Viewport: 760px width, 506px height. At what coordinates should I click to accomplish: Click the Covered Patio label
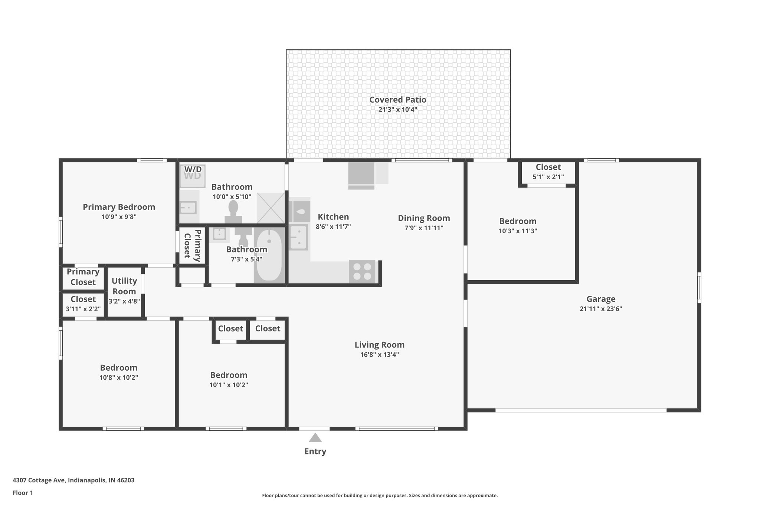click(x=397, y=100)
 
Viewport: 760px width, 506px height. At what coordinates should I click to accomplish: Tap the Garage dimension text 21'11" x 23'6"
click(x=600, y=309)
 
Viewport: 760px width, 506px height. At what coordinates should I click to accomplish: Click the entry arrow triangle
click(x=315, y=438)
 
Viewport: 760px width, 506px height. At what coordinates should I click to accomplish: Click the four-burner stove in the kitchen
click(x=362, y=271)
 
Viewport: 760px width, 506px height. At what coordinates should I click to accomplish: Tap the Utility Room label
click(x=124, y=286)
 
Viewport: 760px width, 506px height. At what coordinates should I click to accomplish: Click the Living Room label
click(x=379, y=345)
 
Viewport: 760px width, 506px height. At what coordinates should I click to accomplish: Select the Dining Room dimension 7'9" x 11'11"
click(x=424, y=228)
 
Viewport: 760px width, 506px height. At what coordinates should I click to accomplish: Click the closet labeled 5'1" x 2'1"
click(x=548, y=172)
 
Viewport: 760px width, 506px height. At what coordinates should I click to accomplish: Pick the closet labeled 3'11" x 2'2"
click(x=83, y=304)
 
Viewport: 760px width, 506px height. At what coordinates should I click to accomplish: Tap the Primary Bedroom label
click(x=119, y=207)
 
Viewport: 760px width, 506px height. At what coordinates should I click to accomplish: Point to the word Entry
click(x=315, y=452)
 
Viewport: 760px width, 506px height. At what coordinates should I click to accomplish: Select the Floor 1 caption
click(x=23, y=493)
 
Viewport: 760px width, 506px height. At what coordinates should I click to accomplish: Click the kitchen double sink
click(x=298, y=237)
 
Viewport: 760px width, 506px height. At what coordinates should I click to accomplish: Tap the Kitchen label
click(x=333, y=217)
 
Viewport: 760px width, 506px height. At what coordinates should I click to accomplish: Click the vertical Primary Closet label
click(x=193, y=245)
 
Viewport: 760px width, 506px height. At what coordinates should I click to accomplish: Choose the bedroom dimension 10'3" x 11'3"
click(x=518, y=231)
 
